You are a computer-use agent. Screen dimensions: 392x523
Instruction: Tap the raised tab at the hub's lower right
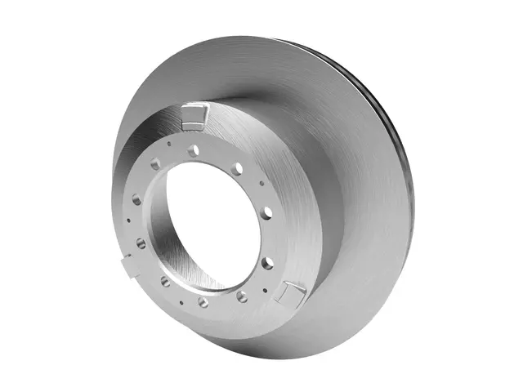tap(291, 292)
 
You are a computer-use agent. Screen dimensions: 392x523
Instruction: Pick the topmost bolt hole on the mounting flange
tap(194, 151)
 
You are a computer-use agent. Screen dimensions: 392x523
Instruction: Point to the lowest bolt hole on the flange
tap(203, 302)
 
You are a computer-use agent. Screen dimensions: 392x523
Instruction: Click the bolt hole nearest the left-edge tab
tap(141, 243)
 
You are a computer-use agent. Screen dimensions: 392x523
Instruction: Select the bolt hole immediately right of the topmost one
tap(236, 169)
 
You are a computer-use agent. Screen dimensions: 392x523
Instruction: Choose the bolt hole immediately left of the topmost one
tap(156, 164)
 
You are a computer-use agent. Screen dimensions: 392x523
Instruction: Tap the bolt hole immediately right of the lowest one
tap(242, 296)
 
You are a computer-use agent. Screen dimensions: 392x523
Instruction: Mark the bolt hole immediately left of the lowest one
tap(165, 281)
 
